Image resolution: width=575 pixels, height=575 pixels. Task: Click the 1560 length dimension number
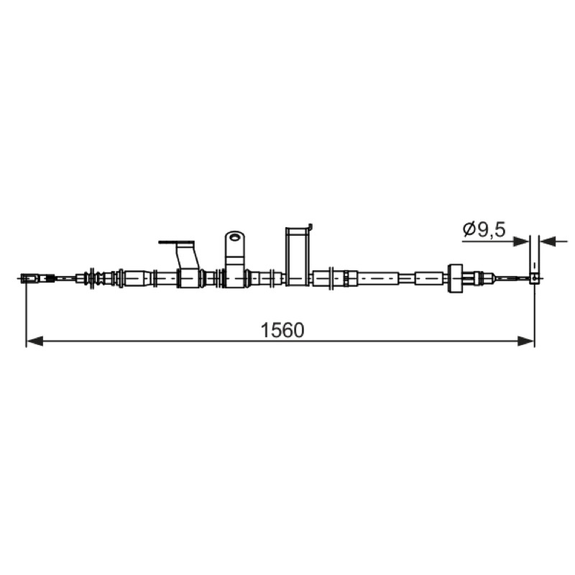tap(282, 330)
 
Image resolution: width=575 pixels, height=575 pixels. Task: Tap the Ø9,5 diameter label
tap(484, 230)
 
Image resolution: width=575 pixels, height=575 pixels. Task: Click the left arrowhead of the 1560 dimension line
tap(34, 341)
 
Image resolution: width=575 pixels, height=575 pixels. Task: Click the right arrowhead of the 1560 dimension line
tap(525, 341)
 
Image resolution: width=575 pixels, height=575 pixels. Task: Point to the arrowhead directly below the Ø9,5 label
tap(520, 241)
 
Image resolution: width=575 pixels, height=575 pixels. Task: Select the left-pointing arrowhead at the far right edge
tap(548, 241)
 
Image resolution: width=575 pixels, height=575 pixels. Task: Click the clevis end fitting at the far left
tap(30, 279)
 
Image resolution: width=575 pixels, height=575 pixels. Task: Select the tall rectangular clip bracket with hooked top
tap(297, 256)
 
